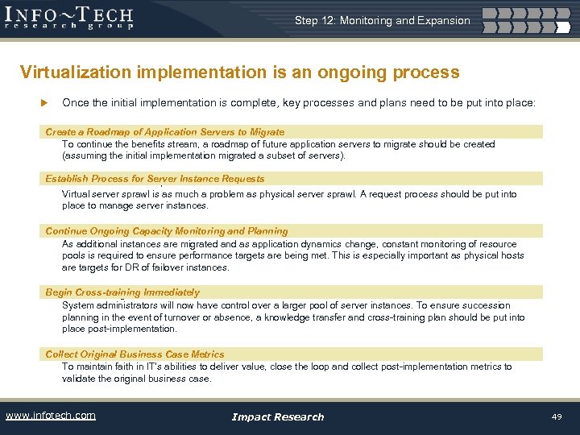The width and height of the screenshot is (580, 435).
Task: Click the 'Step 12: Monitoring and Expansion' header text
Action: point(382,20)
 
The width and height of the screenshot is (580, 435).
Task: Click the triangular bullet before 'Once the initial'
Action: point(45,103)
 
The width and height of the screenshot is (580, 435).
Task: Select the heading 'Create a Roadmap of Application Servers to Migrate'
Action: point(164,131)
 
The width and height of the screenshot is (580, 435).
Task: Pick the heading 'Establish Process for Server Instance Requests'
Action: point(155,179)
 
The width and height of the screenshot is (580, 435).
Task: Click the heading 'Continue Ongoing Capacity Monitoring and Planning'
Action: point(166,231)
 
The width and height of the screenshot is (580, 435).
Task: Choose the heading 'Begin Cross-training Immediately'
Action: point(122,292)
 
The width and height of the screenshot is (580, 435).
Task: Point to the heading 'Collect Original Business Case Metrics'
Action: point(135,354)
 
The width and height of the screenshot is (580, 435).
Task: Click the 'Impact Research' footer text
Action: point(277,416)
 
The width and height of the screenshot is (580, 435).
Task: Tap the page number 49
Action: point(556,416)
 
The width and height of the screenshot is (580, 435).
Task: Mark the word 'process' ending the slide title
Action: point(426,72)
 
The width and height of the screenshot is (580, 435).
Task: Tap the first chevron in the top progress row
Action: point(499,14)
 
